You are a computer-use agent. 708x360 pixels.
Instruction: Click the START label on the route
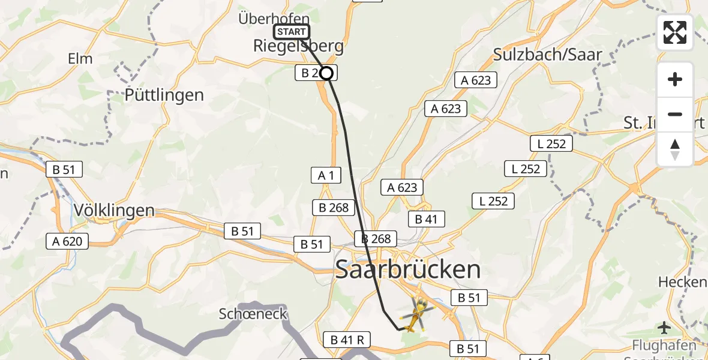pos(292,32)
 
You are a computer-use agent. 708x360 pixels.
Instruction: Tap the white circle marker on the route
pos(326,73)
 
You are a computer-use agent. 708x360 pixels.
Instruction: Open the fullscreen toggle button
pos(675,32)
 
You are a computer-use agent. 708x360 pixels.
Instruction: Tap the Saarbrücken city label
pos(408,270)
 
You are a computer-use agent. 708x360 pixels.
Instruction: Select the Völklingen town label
pos(114,211)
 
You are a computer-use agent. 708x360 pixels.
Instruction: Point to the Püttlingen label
pos(164,95)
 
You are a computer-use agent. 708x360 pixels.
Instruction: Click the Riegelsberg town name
pos(299,46)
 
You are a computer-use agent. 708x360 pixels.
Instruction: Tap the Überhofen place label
pos(274,19)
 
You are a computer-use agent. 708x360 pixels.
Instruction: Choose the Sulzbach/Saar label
pos(548,54)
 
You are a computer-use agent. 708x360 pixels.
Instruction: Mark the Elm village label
pos(80,59)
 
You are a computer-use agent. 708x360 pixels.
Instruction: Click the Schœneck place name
pos(253,314)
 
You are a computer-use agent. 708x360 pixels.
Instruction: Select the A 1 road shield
pos(326,175)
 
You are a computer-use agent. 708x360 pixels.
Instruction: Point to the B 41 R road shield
pos(347,340)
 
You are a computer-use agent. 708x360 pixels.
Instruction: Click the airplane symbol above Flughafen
pos(664,328)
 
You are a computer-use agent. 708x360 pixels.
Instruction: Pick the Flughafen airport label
pos(664,346)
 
